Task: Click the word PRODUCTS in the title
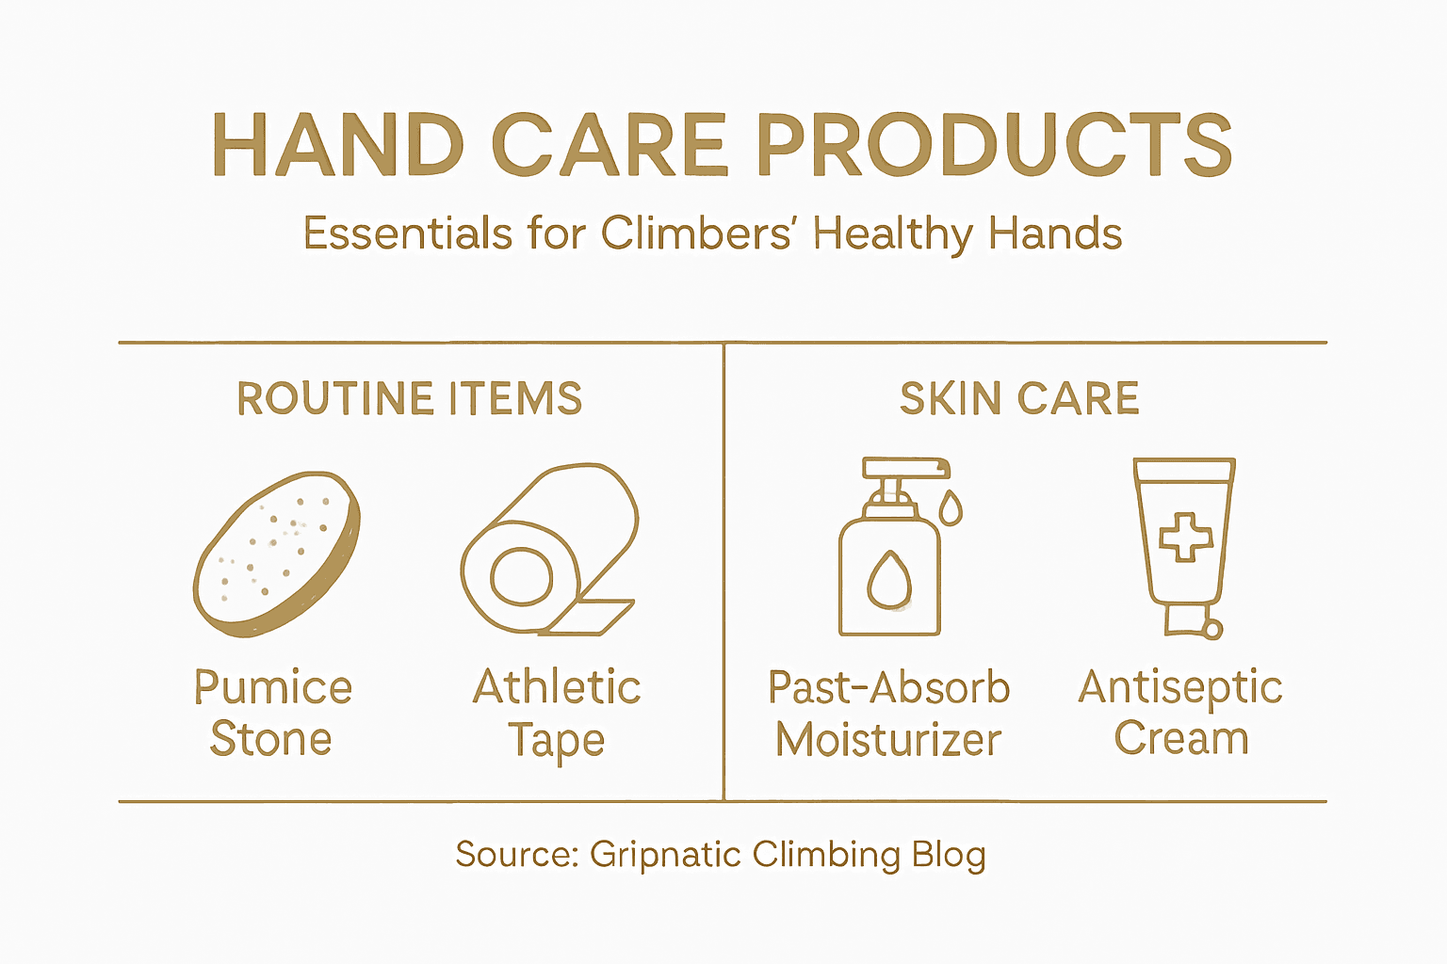click(994, 145)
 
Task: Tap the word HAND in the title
click(338, 145)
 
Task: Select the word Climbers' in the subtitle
click(696, 233)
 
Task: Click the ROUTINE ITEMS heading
click(410, 398)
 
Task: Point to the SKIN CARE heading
click(1019, 398)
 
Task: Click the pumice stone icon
click(276, 553)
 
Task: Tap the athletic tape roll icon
click(550, 550)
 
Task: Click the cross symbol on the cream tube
click(1186, 537)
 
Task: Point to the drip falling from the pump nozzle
click(951, 507)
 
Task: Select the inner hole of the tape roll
click(521, 576)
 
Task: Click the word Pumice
click(273, 688)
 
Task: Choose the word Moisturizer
click(888, 740)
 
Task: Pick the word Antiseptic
click(1180, 688)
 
